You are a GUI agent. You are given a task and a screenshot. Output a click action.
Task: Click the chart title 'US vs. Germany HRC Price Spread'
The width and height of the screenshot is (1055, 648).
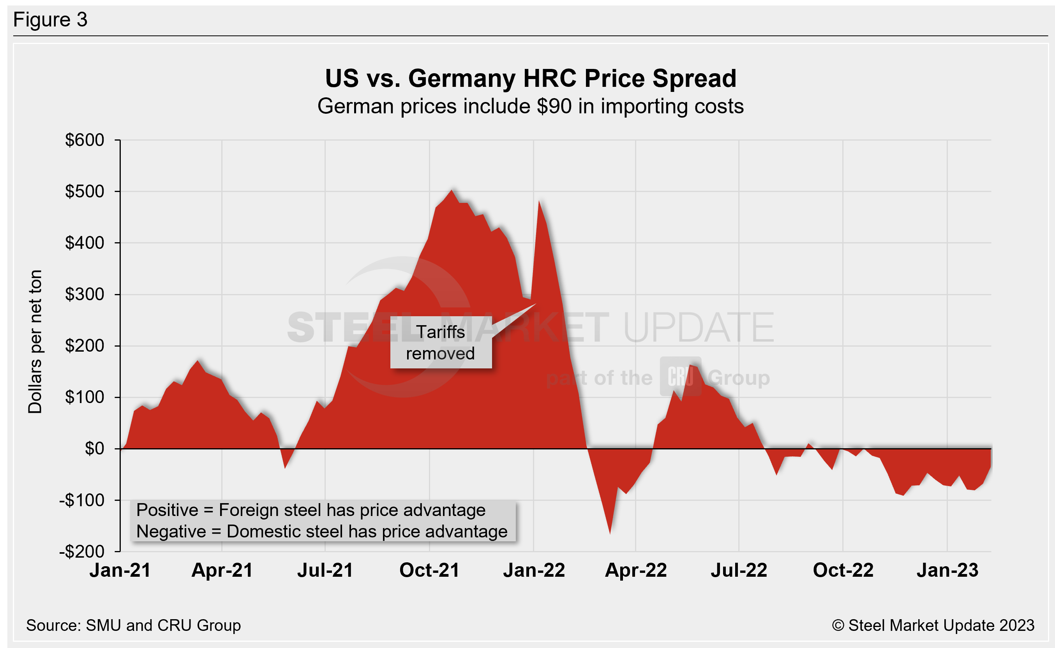pyautogui.click(x=530, y=78)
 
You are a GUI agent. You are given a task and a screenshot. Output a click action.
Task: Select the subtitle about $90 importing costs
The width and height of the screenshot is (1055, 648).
pyautogui.click(x=530, y=106)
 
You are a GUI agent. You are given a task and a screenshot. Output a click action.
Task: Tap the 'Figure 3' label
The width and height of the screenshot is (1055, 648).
pyautogui.click(x=50, y=20)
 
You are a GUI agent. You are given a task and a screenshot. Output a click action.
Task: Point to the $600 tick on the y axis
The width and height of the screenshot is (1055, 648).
pyautogui.click(x=85, y=140)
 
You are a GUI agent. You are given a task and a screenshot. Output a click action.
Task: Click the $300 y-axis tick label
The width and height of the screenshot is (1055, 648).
pyautogui.click(x=85, y=294)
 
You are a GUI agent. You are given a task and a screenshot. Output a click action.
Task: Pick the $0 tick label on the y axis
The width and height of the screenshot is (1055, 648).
pyautogui.click(x=94, y=449)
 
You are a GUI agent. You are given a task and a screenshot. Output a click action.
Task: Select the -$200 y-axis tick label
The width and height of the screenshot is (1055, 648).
pyautogui.click(x=82, y=551)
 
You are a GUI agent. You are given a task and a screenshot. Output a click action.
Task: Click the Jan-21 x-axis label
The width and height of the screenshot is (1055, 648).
pyautogui.click(x=120, y=571)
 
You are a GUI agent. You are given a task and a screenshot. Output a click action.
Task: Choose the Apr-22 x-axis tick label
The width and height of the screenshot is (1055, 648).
pyautogui.click(x=636, y=571)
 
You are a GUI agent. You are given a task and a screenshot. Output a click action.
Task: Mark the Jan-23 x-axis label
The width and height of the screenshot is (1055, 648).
pyautogui.click(x=947, y=571)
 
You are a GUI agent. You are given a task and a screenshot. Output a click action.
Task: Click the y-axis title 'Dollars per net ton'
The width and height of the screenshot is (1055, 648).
pyautogui.click(x=35, y=342)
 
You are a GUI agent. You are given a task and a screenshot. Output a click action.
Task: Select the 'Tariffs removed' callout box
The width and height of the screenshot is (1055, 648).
pyautogui.click(x=441, y=342)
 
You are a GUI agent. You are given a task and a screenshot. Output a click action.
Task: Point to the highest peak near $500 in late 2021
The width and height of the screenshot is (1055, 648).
pyautogui.click(x=452, y=191)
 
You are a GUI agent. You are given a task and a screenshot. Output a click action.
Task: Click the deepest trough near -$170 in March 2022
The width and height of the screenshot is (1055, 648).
pyautogui.click(x=610, y=533)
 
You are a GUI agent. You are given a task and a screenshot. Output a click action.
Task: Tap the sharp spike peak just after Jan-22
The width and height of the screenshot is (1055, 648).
pyautogui.click(x=539, y=201)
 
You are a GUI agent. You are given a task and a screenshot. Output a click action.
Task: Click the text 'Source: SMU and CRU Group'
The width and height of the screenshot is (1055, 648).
pyautogui.click(x=133, y=625)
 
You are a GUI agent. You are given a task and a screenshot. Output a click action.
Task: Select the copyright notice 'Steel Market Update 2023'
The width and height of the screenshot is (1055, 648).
pyautogui.click(x=933, y=625)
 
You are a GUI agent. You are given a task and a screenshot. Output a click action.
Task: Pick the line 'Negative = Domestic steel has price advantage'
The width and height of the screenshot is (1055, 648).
pyautogui.click(x=321, y=532)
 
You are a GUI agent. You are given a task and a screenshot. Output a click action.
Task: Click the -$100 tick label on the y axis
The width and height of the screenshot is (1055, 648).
pyautogui.click(x=82, y=500)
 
